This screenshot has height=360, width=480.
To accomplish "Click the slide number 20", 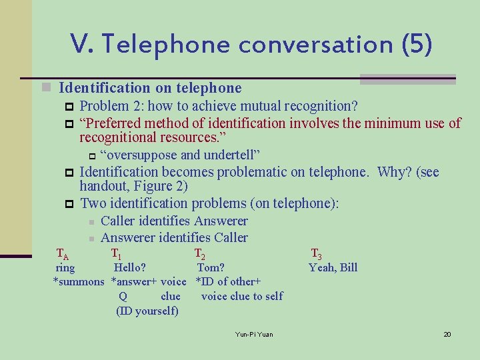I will pyautogui.click(x=447, y=334).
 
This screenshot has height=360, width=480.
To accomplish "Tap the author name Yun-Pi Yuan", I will pyautogui.click(x=254, y=334).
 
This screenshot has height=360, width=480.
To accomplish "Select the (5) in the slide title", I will pyautogui.click(x=417, y=45).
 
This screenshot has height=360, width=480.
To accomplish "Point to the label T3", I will pyautogui.click(x=317, y=253).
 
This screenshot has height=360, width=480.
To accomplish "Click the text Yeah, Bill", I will pyautogui.click(x=333, y=268).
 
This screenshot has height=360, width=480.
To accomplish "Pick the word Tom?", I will pyautogui.click(x=211, y=268).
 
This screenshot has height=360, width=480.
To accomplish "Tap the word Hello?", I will pyautogui.click(x=130, y=268).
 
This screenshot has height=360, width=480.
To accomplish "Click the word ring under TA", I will pyautogui.click(x=65, y=268).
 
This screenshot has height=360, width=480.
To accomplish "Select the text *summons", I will pyautogui.click(x=79, y=281).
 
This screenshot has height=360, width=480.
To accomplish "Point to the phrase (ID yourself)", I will pyautogui.click(x=147, y=311).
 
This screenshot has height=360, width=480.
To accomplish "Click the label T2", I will pyautogui.click(x=199, y=253).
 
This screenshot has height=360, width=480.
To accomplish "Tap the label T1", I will pyautogui.click(x=116, y=253).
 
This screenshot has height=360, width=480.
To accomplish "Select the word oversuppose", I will pyautogui.click(x=139, y=155).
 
